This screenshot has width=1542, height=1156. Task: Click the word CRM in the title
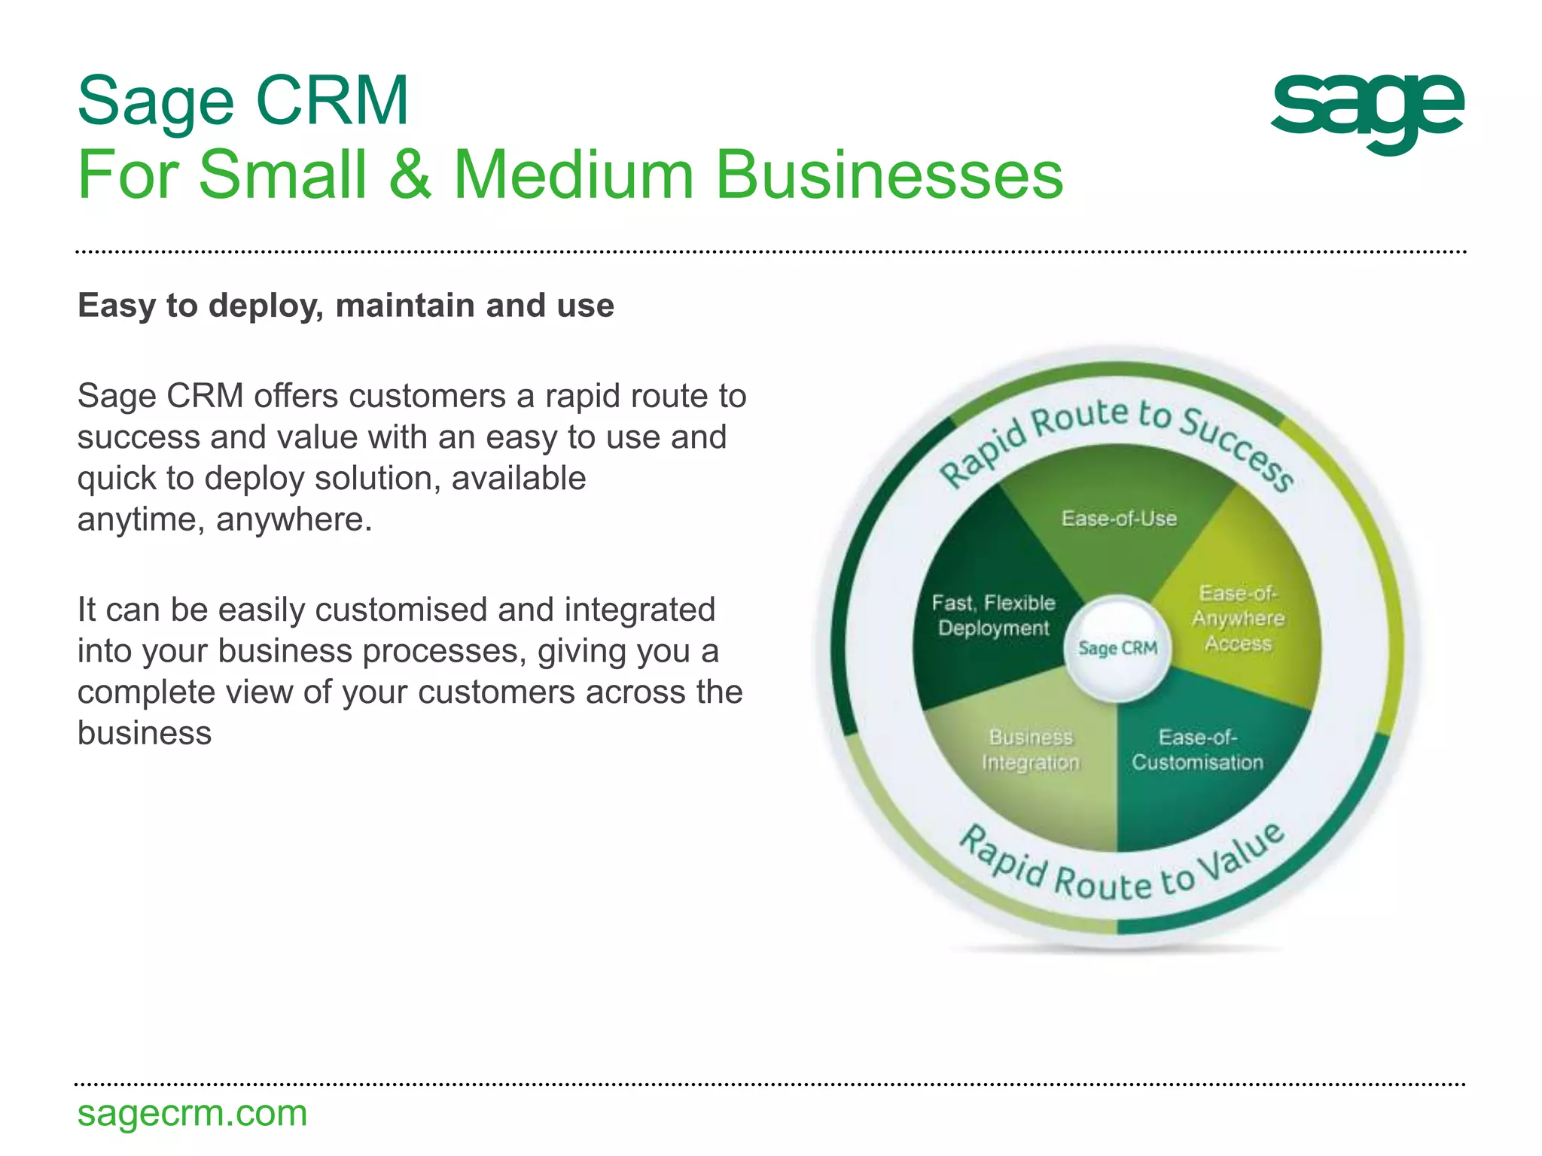332,102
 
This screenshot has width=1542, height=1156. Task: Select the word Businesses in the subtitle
888,175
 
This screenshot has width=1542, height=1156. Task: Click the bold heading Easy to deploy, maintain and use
346,306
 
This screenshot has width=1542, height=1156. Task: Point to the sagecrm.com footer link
192,1113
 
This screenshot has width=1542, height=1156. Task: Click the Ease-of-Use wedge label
1119,519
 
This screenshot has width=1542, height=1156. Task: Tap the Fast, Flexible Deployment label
993,616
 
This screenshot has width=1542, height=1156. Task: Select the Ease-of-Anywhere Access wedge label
1238,619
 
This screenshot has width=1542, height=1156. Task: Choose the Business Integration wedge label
1030,750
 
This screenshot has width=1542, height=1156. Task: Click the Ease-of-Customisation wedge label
1197,750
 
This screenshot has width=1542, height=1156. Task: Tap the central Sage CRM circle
1117,648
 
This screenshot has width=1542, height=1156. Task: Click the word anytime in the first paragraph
140,520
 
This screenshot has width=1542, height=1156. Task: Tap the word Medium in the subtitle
572,175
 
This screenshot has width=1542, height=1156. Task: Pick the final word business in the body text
145,733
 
